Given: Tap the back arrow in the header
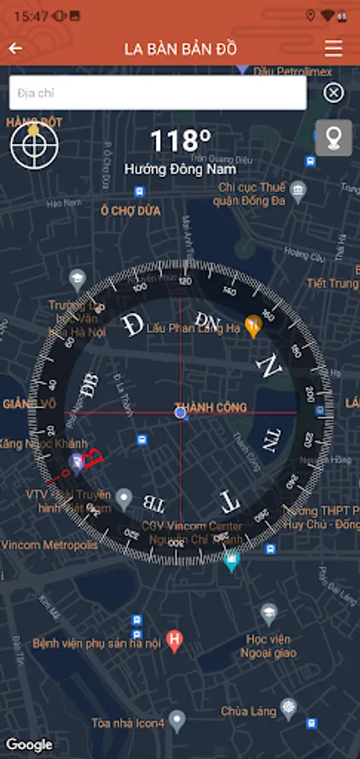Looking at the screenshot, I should [15, 48].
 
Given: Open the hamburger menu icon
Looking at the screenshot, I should [334, 48].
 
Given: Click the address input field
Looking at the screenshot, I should [157, 93].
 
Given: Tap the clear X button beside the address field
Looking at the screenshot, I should [334, 93].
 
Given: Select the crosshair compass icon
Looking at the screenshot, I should [35, 145].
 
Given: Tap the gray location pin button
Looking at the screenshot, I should [333, 138].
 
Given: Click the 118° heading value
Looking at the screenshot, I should [180, 141].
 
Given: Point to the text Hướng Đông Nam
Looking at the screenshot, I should [180, 169].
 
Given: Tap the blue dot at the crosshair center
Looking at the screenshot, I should [180, 412].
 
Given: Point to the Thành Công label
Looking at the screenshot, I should [211, 407].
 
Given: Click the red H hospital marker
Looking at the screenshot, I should [175, 641].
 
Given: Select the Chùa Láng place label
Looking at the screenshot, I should [248, 711].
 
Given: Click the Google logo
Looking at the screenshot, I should [29, 744].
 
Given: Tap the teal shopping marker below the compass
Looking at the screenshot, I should [231, 558].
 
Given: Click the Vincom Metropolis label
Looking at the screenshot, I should [49, 545].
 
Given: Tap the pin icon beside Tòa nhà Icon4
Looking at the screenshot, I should [176, 720].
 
